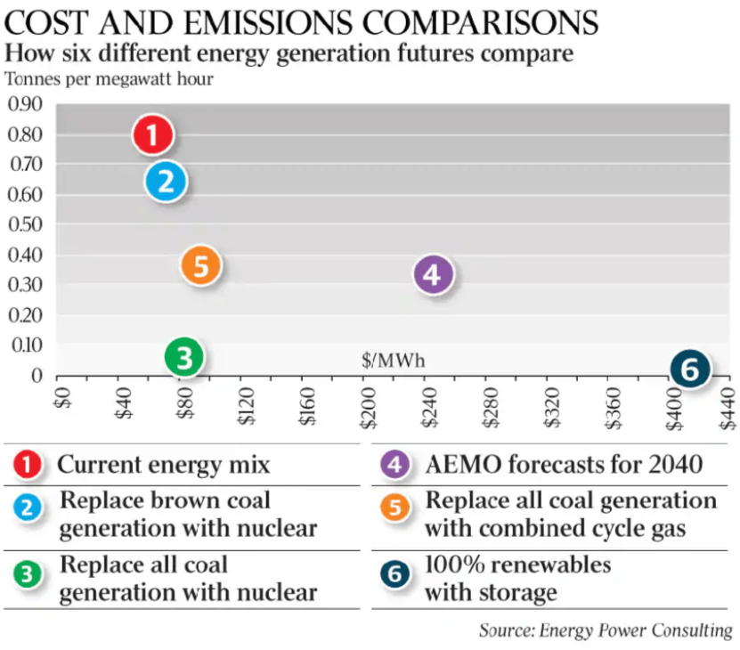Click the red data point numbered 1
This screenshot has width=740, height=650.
(x=152, y=135)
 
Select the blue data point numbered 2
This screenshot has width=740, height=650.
(x=166, y=182)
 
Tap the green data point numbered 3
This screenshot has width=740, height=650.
(x=184, y=358)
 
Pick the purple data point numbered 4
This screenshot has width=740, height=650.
(x=434, y=275)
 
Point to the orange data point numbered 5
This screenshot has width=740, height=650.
(x=200, y=265)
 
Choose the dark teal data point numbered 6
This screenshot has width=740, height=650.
(x=690, y=369)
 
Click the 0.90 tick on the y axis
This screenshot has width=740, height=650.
(x=25, y=104)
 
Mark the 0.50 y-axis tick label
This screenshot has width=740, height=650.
(x=25, y=224)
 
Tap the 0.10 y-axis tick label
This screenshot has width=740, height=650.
(x=25, y=345)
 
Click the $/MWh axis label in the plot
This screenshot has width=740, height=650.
(x=393, y=361)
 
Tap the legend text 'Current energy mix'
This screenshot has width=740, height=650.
(x=163, y=464)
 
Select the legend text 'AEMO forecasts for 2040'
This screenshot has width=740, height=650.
(x=564, y=464)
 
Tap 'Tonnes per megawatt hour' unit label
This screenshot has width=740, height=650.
(x=110, y=78)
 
